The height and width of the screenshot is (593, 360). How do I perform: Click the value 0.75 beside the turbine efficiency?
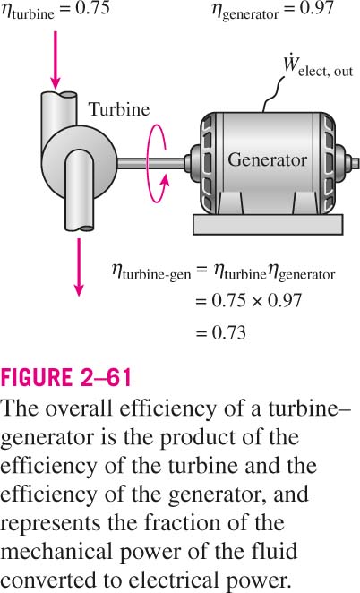point(92,8)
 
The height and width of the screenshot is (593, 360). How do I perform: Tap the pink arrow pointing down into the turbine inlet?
point(56,60)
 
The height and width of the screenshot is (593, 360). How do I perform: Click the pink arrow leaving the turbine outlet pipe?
point(79,267)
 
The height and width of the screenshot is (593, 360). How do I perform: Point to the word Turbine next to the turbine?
point(119,109)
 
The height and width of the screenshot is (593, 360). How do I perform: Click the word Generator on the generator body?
point(267,159)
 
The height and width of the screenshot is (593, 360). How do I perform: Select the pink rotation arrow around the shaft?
point(156,164)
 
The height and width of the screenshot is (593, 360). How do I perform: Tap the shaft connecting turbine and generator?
point(151,163)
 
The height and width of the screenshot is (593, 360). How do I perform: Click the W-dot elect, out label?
point(318,69)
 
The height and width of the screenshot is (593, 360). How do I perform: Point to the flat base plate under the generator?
point(268,224)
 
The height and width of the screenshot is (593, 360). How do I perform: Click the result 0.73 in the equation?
point(228,333)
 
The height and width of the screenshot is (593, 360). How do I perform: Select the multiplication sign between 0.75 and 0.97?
point(256,301)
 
